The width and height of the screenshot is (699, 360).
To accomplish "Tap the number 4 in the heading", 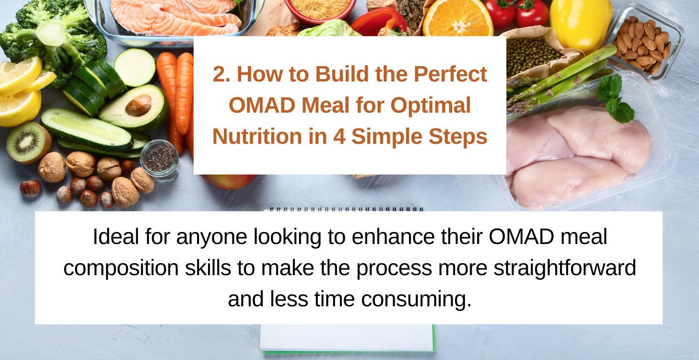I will click(341, 137).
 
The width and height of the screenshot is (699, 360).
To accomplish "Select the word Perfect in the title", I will click(450, 75).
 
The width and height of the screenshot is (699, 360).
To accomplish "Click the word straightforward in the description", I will click(565, 268).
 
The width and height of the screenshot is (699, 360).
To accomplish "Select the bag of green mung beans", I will click(532, 53).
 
